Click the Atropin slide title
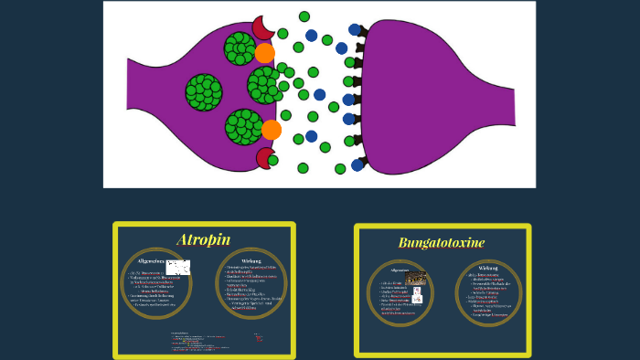coord(204,240)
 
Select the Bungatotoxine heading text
coord(442,243)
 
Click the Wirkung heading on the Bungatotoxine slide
coord(488,268)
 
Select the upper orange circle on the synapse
coord(265,53)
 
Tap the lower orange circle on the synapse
coord(271,130)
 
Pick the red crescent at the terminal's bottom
coord(265,159)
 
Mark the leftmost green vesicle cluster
coord(204,92)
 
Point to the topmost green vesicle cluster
coord(240,48)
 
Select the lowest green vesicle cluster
coord(243,126)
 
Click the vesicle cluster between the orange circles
coord(265,85)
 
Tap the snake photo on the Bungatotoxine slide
coord(416,277)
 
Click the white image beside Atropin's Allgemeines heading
coord(177,268)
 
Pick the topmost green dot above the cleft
coord(304,16)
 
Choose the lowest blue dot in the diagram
coord(357,165)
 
